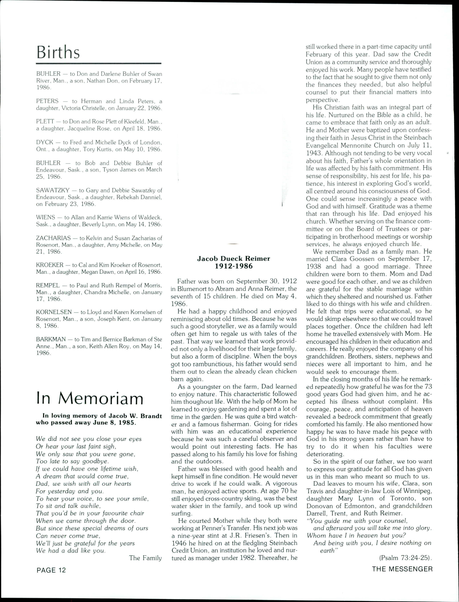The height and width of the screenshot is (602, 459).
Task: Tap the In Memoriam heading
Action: click(x=90, y=399)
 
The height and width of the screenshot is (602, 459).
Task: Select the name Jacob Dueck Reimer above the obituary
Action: click(x=234, y=258)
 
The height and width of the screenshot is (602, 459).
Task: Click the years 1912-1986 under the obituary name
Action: click(x=234, y=266)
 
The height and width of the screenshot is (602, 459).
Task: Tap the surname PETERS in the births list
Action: click(x=47, y=101)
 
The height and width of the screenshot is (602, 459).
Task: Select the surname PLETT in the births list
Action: click(x=45, y=121)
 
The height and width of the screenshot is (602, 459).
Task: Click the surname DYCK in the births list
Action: click(x=45, y=142)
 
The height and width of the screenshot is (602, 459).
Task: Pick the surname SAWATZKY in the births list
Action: click(x=52, y=190)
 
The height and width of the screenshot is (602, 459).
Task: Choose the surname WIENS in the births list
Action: click(x=46, y=217)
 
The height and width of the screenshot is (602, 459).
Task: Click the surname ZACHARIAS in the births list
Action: click(x=53, y=238)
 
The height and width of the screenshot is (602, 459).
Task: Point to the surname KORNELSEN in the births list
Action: click(x=54, y=312)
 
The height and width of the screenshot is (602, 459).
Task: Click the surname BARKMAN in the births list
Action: click(x=51, y=339)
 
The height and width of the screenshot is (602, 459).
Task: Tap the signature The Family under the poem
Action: click(x=145, y=558)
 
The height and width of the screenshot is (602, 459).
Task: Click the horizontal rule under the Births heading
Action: click(x=99, y=63)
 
